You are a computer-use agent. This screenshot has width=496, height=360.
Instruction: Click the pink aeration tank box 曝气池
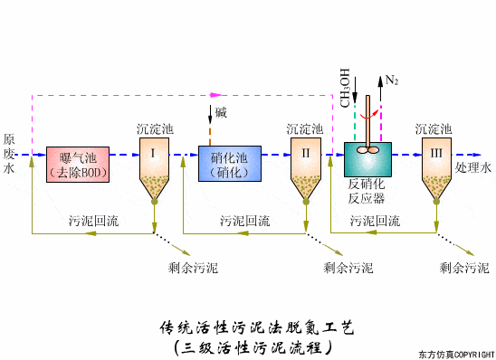click(x=78, y=163)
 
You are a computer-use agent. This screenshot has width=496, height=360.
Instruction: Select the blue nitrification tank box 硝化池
click(x=229, y=163)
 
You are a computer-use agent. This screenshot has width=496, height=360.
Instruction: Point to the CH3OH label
click(x=345, y=88)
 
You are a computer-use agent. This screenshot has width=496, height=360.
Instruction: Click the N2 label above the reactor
click(x=391, y=81)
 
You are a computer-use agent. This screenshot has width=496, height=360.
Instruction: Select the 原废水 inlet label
click(x=9, y=154)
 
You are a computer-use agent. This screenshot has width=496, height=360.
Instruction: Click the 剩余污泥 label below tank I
click(x=193, y=267)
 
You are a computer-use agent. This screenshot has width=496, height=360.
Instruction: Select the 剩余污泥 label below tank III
click(x=463, y=267)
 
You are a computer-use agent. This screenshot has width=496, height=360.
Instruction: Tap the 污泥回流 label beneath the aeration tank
click(x=92, y=220)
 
